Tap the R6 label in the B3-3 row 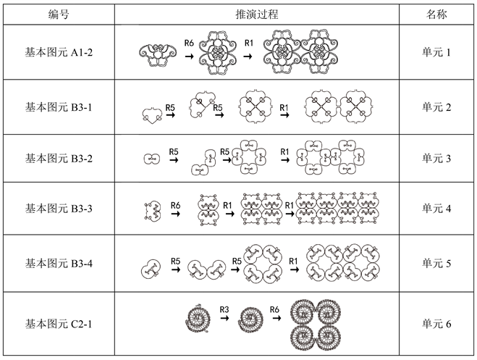tap(175, 205)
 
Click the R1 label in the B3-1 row tap(284, 107)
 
